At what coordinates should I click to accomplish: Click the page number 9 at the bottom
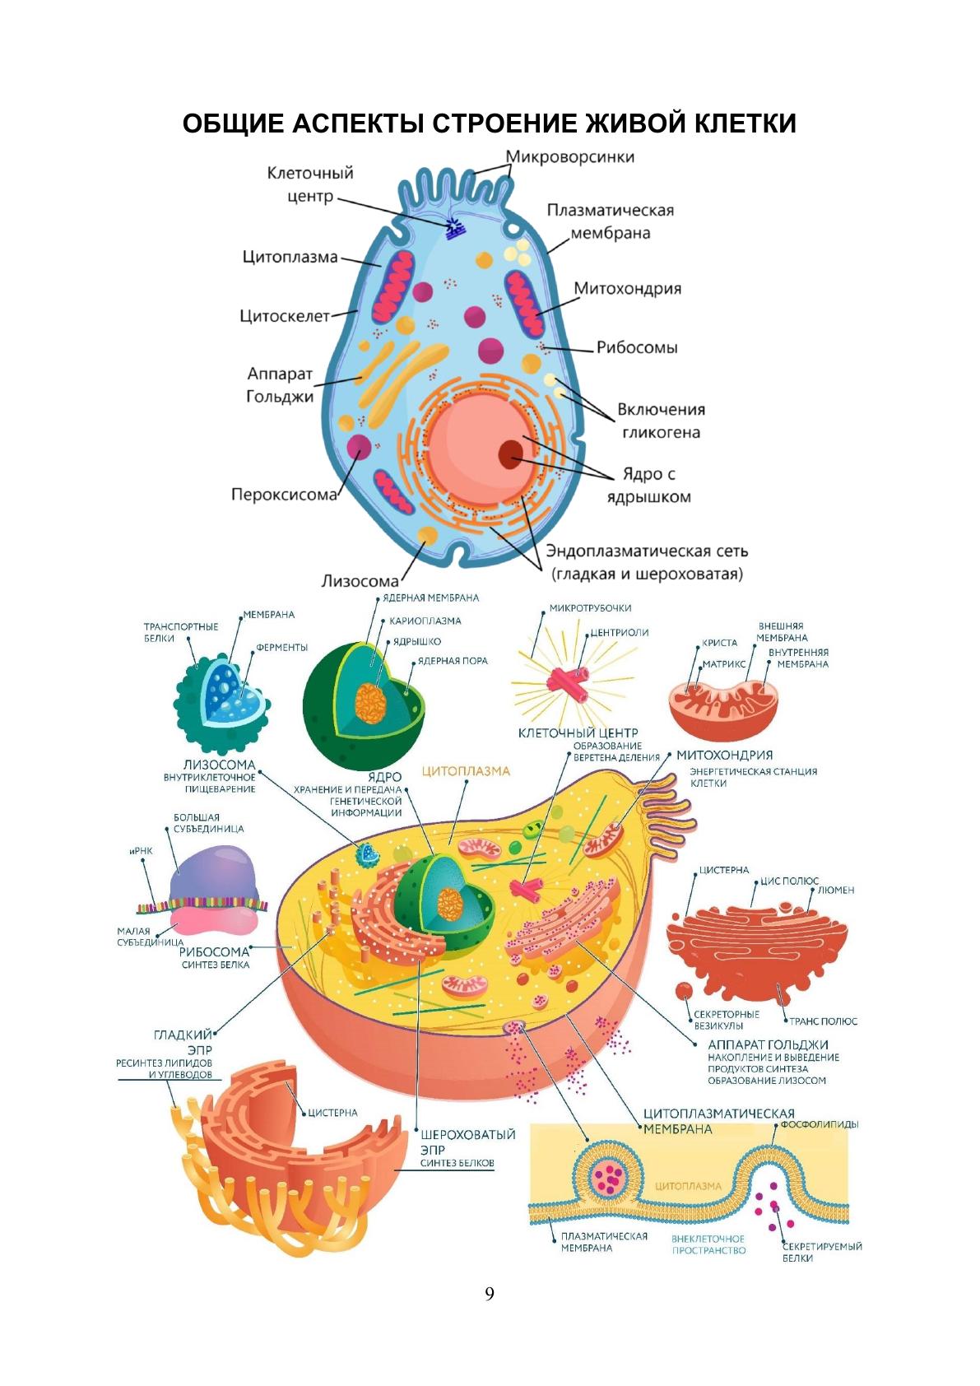coord(490,1293)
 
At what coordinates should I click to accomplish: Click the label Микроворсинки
coord(569,156)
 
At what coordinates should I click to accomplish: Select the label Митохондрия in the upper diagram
coord(627,289)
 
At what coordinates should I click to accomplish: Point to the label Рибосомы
coord(637,347)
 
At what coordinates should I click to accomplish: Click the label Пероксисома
coord(284,495)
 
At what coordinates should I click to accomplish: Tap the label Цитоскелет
coord(284,316)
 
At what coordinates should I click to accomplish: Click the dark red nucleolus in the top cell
coord(512,452)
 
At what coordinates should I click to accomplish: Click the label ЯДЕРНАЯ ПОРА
coord(452,661)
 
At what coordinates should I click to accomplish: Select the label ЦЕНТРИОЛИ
coord(620,632)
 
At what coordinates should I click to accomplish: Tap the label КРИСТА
coord(719,643)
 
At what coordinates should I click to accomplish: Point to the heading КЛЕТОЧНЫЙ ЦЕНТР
coord(578,733)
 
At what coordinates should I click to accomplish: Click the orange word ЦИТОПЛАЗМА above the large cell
coord(466,771)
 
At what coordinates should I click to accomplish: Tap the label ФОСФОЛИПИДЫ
coord(819,1124)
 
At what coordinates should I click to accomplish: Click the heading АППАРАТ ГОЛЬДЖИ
coord(768,1044)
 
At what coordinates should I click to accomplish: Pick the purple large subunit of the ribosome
coord(216,874)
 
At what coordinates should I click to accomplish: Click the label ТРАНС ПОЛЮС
coord(823,1021)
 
